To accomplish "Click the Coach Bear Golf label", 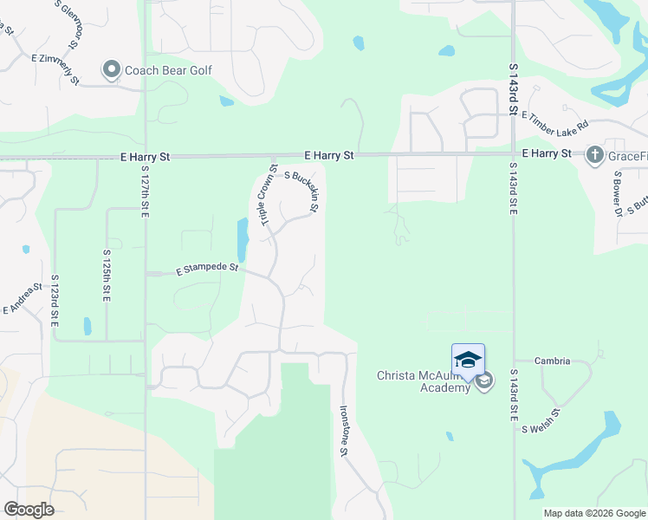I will (x=169, y=69).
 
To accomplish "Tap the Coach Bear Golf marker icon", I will (x=111, y=69).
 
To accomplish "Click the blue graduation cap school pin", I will (x=468, y=360).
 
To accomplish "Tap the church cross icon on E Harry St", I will (x=594, y=155).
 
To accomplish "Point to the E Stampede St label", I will (x=207, y=270).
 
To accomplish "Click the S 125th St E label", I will (x=107, y=276).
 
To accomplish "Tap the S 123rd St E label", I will (x=55, y=300).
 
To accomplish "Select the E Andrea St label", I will (x=23, y=298).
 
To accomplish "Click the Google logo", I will (x=29, y=510).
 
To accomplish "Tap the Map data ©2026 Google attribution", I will (x=594, y=513).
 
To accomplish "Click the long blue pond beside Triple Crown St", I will (x=243, y=239).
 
